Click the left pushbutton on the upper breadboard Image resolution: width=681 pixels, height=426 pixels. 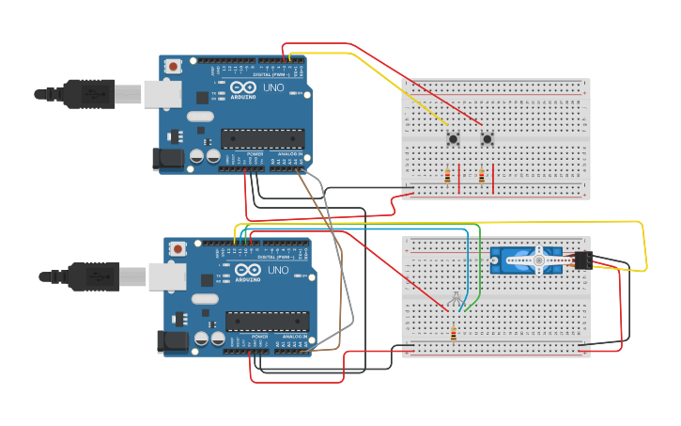tap(453, 140)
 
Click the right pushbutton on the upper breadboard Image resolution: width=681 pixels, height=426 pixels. tap(487, 140)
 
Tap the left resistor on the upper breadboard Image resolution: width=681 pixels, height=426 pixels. tap(447, 175)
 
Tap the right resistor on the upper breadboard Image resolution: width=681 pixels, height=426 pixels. tap(482, 175)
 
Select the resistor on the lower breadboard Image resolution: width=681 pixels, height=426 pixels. tap(454, 334)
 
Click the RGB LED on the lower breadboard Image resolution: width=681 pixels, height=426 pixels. tap(456, 298)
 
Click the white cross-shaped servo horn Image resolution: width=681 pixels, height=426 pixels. tap(539, 260)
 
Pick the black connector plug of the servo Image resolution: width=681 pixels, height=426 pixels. tap(581, 260)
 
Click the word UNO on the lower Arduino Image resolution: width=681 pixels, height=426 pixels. tap(278, 271)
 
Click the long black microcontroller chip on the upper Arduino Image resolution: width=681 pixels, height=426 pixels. tap(262, 139)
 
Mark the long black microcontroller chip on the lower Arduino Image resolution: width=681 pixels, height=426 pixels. tap(267, 323)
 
